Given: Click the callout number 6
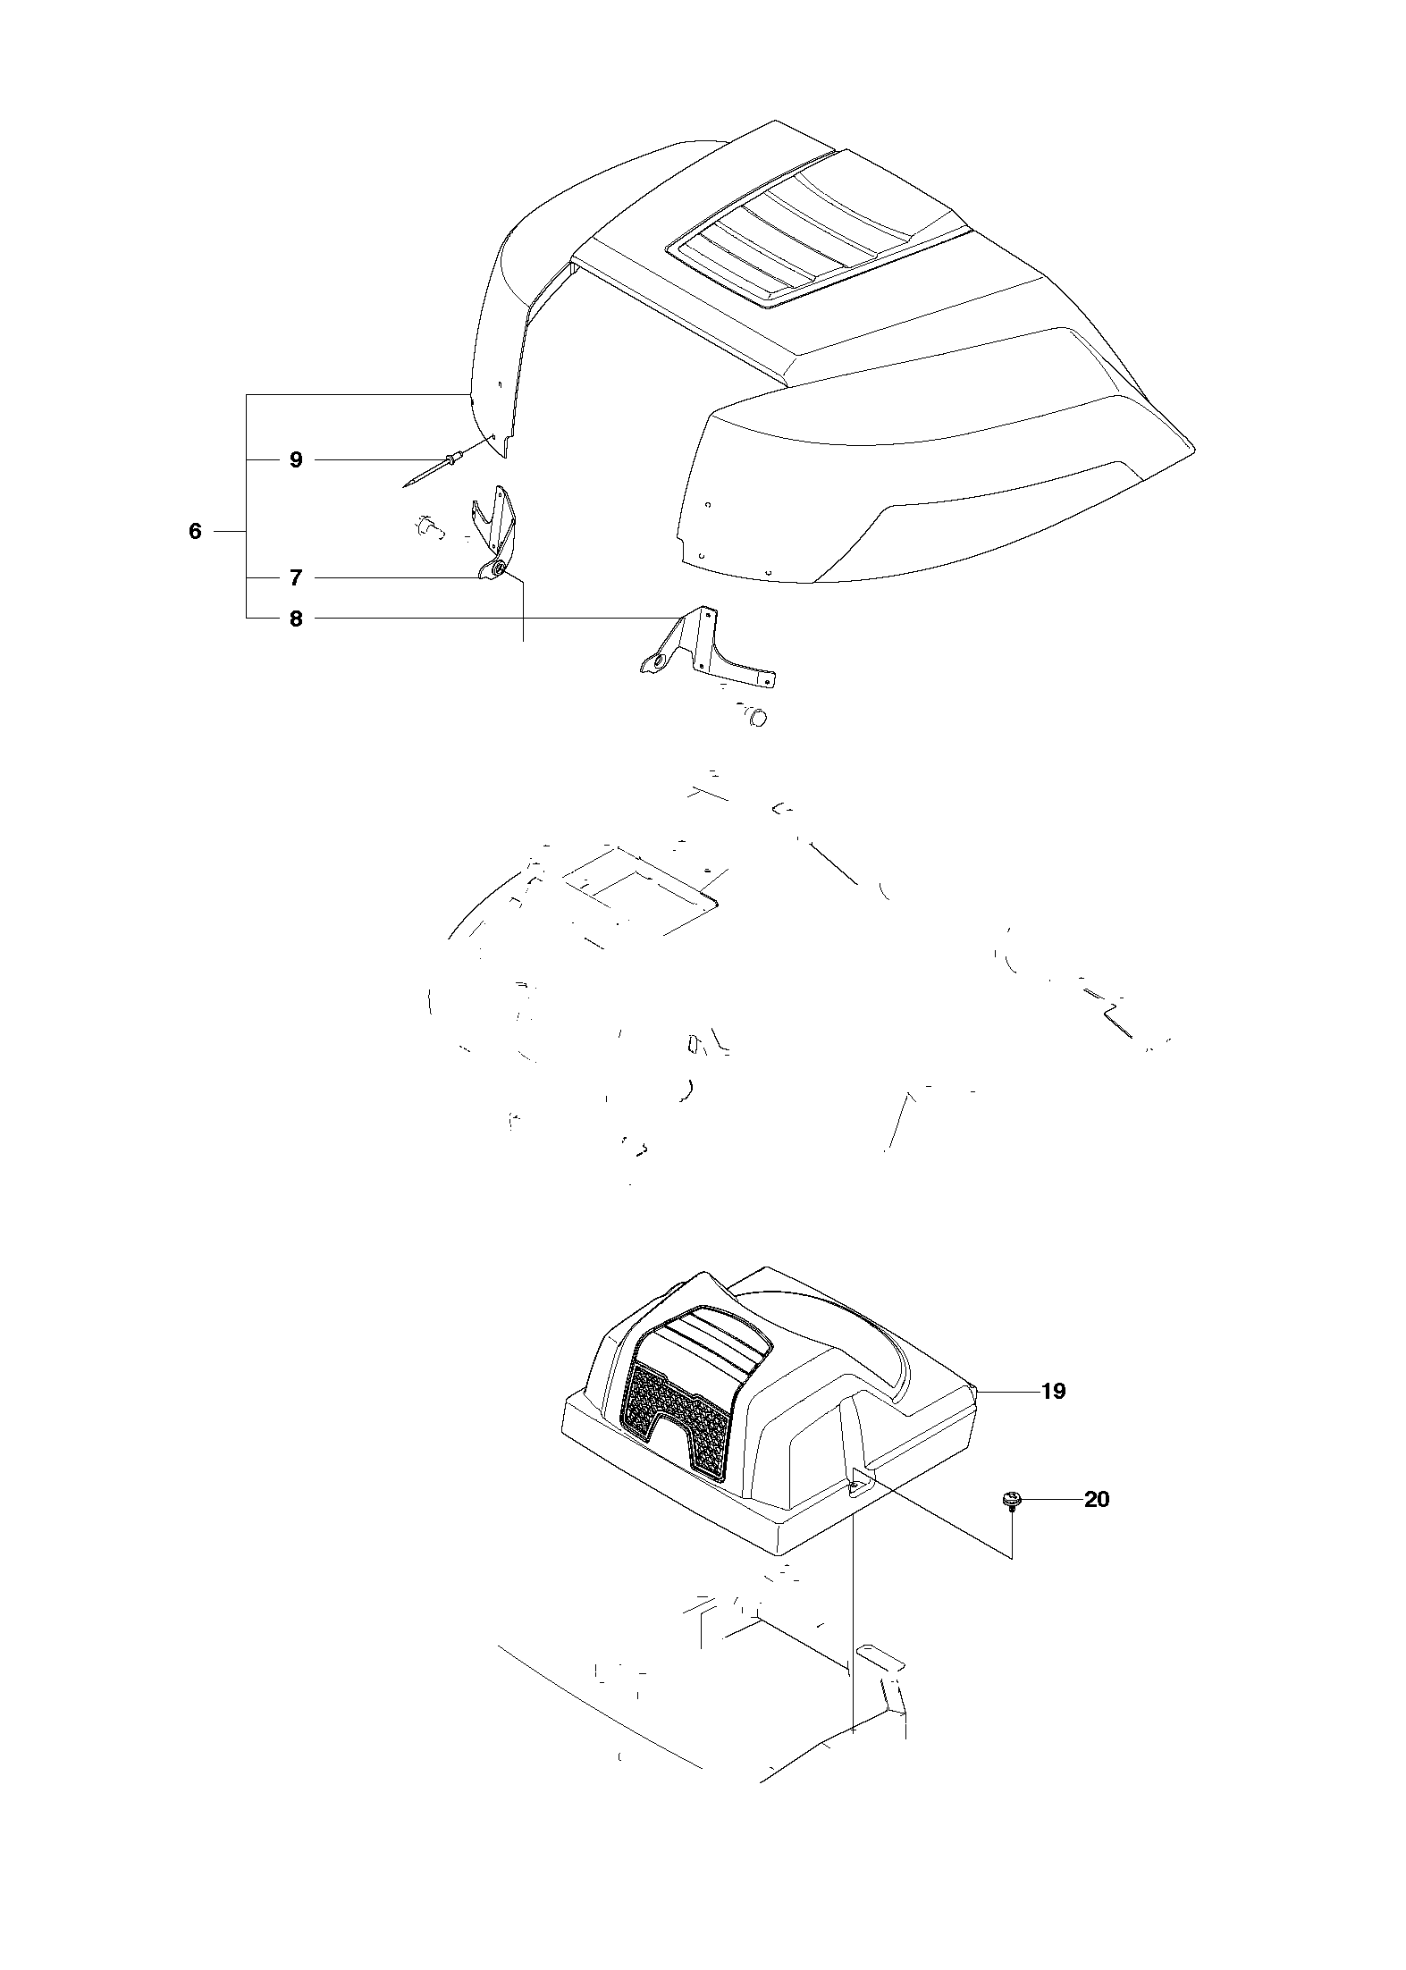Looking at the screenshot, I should click(x=196, y=532).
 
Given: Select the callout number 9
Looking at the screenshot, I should click(x=296, y=460).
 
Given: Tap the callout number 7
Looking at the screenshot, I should click(x=296, y=578).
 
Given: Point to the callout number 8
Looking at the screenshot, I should click(x=296, y=619).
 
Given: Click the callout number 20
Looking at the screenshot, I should click(x=1096, y=1499).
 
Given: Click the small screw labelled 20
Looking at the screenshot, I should click(x=1011, y=1502).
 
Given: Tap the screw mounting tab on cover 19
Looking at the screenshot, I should click(x=859, y=1485).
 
